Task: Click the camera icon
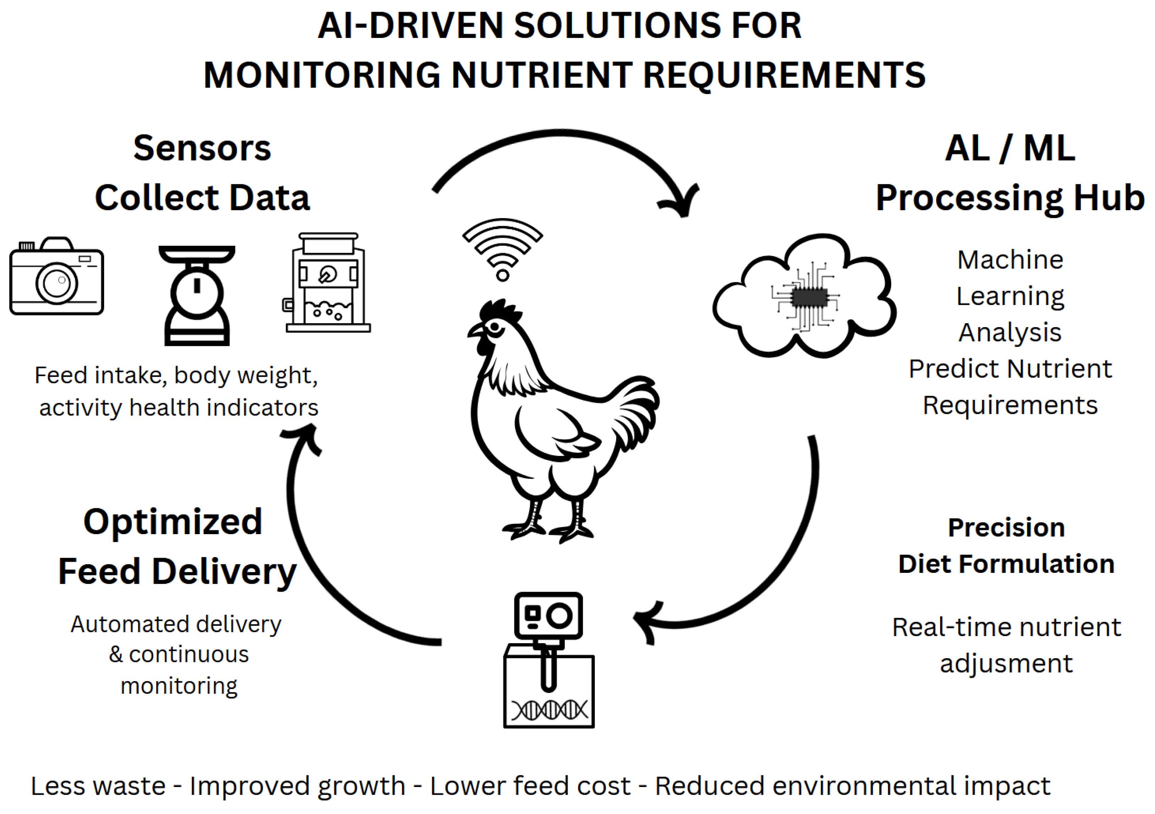pyautogui.click(x=56, y=277)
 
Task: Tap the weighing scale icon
pyautogui.click(x=197, y=295)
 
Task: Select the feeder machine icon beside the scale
pyautogui.click(x=328, y=283)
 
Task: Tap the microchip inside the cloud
pyautogui.click(x=809, y=297)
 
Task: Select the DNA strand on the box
pyautogui.click(x=549, y=710)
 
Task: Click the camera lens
pyautogui.click(x=56, y=283)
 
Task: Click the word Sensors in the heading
pyautogui.click(x=202, y=148)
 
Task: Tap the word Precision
pyautogui.click(x=1006, y=528)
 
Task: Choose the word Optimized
pyautogui.click(x=173, y=522)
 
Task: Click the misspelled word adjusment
pyautogui.click(x=1006, y=663)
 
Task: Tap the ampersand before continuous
pyautogui.click(x=116, y=655)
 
